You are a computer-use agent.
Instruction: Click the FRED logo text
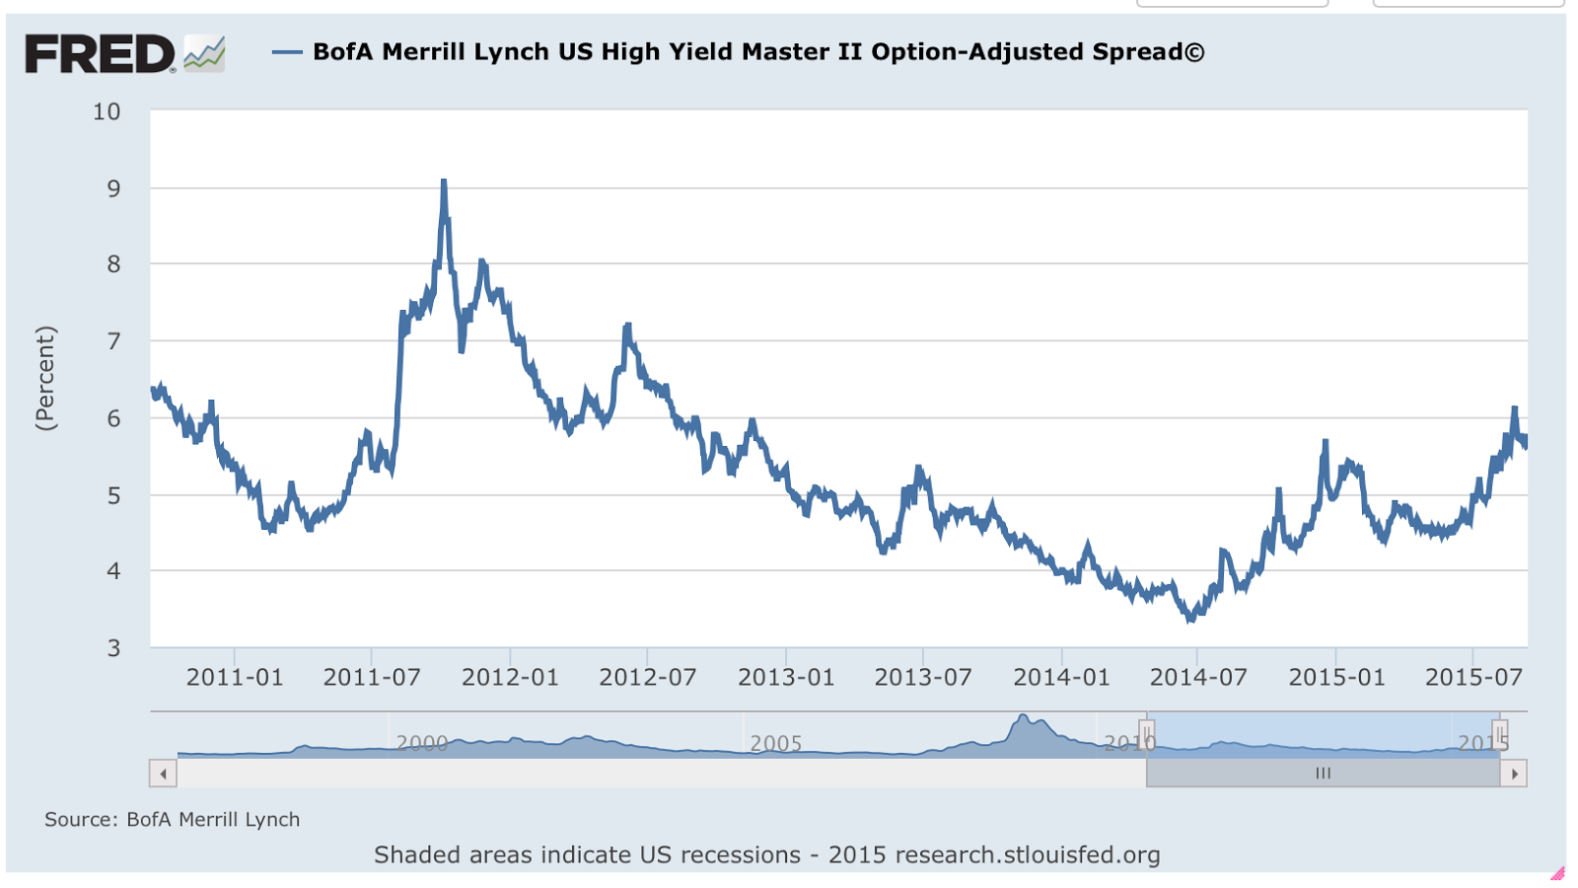pos(99,54)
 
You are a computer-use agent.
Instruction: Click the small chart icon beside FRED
pos(204,53)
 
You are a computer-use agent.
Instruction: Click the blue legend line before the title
pos(287,52)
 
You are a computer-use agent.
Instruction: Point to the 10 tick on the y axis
pos(107,111)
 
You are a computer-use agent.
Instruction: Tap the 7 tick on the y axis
pos(113,341)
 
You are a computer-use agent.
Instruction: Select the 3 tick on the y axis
pos(113,648)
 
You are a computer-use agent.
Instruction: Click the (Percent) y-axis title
pos(45,378)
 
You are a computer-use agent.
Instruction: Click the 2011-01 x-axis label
pos(235,678)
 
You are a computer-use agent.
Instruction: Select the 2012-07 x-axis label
pos(647,678)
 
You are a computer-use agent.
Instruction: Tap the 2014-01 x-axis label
pos(1061,678)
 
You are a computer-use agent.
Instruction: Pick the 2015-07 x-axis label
pos(1473,678)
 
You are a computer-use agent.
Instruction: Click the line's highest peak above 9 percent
pos(444,182)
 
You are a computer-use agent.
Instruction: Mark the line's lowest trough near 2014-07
pos(1190,619)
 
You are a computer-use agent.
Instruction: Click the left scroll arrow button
pos(163,774)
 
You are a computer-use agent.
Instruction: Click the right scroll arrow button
pos(1514,774)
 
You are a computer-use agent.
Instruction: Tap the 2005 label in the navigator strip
pos(776,743)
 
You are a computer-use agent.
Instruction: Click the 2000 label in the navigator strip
pos(422,743)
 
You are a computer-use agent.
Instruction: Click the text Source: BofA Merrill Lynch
pos(172,820)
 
